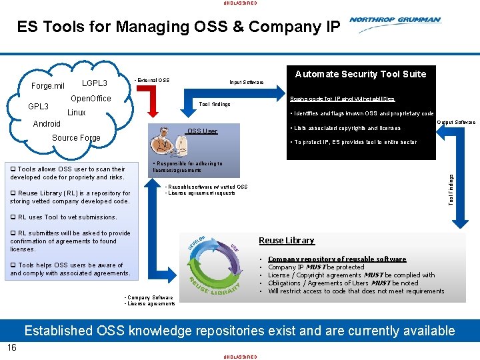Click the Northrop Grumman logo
coord(395,21)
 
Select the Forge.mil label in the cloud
coord(48,86)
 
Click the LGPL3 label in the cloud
coord(94,83)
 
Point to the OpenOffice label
coord(91,99)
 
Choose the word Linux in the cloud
coord(77,113)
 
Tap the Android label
coord(47,124)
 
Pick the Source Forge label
coord(76,138)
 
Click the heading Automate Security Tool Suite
coord(361,74)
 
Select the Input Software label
coord(246,83)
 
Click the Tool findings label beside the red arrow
coord(215,105)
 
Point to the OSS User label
coord(202,131)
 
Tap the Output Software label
coord(456,123)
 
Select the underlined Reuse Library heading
coord(286,241)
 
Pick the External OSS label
coord(152,81)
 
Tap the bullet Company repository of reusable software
coord(337,259)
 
